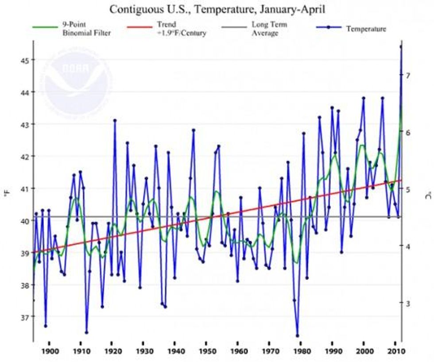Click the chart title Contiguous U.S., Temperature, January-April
point(217,9)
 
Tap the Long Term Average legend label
point(265,29)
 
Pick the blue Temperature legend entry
point(366,29)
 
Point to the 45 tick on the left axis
point(20,60)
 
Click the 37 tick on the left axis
point(20,317)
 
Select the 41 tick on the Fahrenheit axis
point(20,189)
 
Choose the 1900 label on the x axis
point(49,351)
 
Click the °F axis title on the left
point(8,195)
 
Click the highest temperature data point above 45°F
point(401,46)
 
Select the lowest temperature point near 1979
point(297,336)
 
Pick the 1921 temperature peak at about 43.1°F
point(115,120)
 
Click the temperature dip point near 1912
point(86,332)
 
